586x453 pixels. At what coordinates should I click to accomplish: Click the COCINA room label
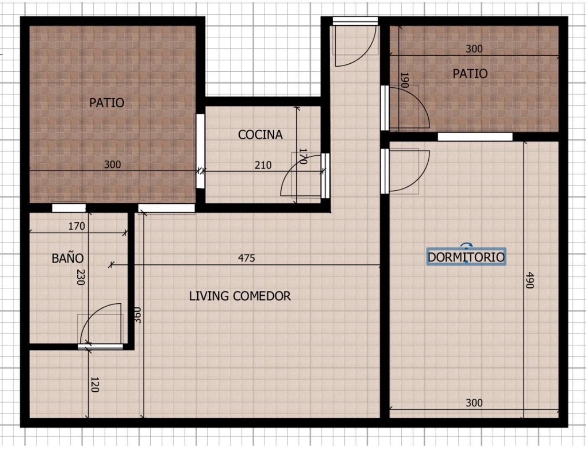[260, 135]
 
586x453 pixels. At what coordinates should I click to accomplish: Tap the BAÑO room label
[68, 258]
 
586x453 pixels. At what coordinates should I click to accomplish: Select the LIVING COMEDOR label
[240, 296]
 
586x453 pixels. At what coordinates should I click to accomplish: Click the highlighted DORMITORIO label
[466, 257]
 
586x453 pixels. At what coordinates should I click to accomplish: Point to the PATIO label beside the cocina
[107, 103]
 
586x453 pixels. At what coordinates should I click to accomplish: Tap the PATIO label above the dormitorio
[470, 74]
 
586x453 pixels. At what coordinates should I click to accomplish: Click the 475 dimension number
[246, 258]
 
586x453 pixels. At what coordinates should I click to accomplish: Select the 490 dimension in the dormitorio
[530, 280]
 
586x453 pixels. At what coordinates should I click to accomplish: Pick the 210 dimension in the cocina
[263, 165]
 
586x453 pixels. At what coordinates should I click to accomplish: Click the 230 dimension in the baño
[81, 277]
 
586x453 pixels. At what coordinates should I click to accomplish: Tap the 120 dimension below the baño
[94, 385]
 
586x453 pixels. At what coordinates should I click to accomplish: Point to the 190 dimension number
[405, 80]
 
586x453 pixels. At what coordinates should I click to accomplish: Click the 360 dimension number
[138, 315]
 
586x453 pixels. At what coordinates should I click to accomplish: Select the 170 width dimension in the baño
[76, 226]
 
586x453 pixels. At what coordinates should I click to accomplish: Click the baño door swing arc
[91, 315]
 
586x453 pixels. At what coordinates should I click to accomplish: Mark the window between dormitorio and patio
[475, 137]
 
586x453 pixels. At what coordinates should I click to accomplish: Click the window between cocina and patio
[200, 151]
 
